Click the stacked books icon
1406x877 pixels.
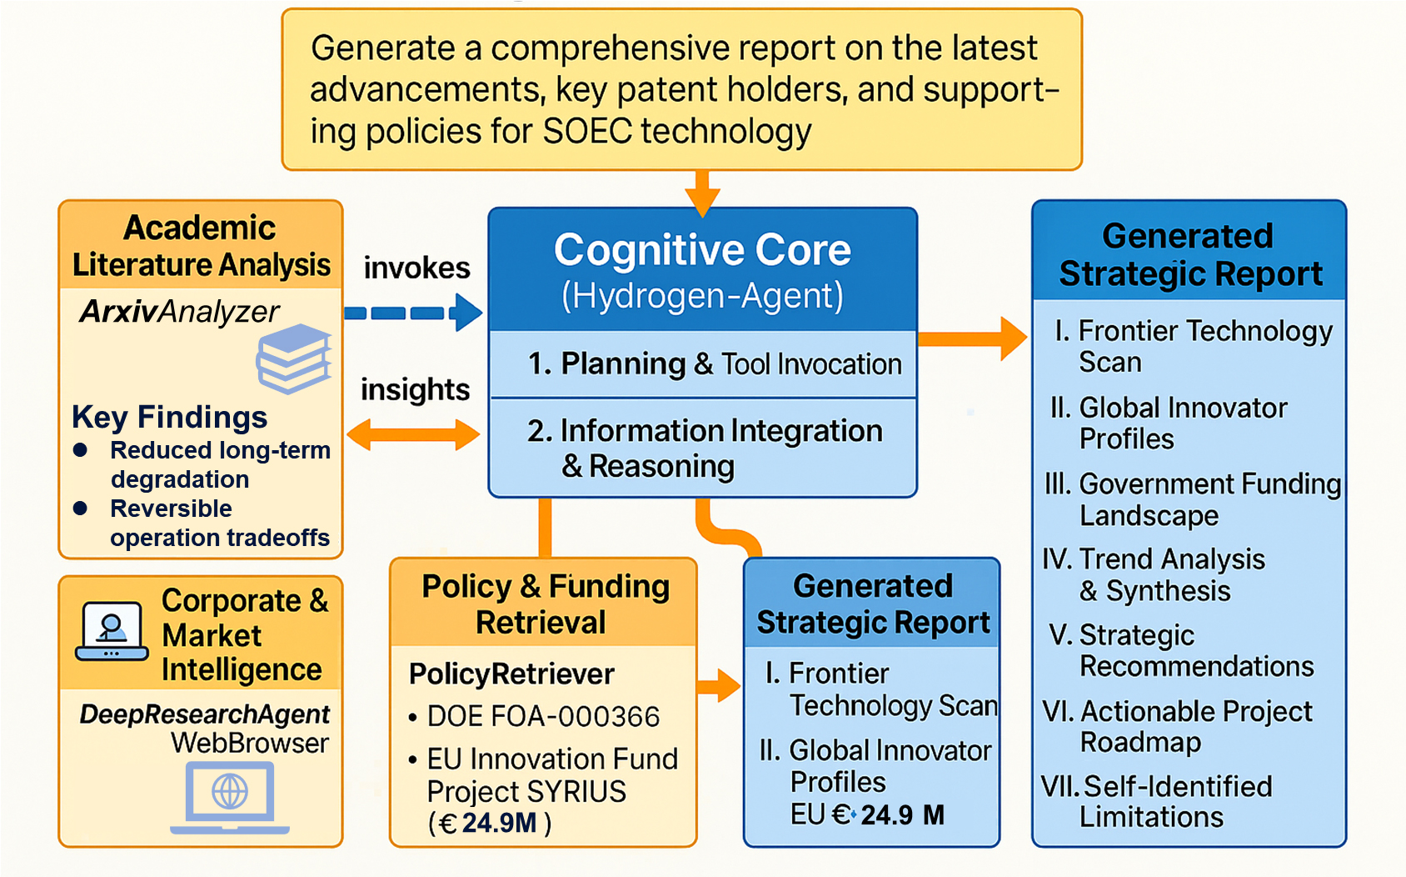[293, 359]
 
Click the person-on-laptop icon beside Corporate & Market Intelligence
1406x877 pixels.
[112, 631]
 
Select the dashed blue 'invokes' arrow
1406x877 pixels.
[412, 313]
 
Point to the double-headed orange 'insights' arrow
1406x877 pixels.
[413, 434]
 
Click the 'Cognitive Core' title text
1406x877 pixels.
[702, 250]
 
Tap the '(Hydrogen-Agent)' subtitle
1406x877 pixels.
[702, 296]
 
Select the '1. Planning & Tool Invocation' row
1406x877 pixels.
[714, 364]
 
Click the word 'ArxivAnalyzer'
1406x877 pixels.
[179, 312]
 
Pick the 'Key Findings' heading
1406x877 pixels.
[169, 417]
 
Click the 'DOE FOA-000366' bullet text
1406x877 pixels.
[542, 717]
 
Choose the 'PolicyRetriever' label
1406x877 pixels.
[511, 674]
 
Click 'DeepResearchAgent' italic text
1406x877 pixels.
[204, 714]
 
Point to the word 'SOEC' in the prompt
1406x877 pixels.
[587, 132]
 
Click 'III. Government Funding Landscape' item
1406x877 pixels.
[1192, 499]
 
